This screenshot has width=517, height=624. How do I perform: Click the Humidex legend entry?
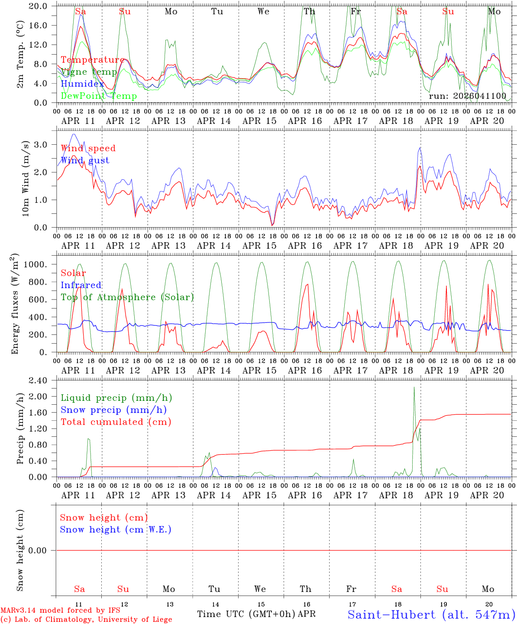click(x=82, y=84)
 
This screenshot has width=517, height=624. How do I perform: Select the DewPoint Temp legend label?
click(x=99, y=96)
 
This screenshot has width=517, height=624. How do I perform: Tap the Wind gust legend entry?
click(x=85, y=160)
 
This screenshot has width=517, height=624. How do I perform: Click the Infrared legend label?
click(x=81, y=285)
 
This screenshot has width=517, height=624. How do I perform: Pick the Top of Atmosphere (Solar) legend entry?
click(x=127, y=297)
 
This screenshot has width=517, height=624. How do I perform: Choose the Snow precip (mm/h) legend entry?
click(x=113, y=410)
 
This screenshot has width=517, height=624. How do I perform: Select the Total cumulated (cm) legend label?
click(x=116, y=422)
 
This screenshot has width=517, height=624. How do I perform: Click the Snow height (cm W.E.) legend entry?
click(x=116, y=530)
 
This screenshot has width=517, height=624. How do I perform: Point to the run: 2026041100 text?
click(x=467, y=96)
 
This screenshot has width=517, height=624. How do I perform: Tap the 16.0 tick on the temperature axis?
click(x=43, y=25)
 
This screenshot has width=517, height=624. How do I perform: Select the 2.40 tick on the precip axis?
click(x=43, y=380)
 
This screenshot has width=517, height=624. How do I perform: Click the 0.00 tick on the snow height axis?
click(x=43, y=550)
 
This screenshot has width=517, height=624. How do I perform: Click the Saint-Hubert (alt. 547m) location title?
click(x=431, y=614)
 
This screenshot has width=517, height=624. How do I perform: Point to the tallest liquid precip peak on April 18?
click(x=414, y=388)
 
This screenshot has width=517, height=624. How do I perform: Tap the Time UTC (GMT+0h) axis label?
click(x=246, y=614)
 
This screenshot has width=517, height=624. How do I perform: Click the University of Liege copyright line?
click(x=87, y=620)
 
